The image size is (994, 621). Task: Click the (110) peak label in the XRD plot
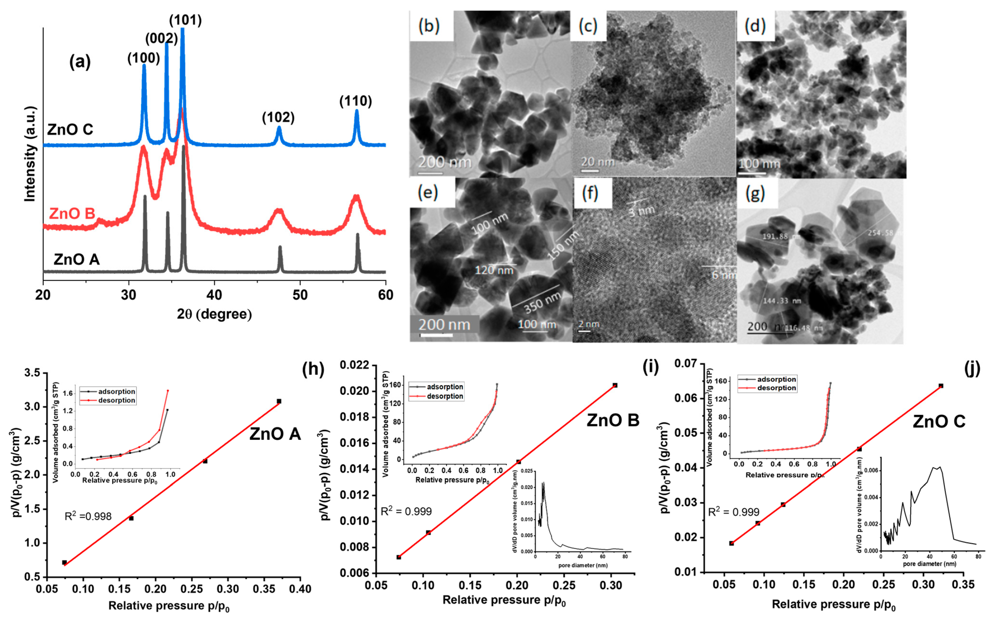(356, 101)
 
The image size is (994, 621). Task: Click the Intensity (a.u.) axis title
(30, 154)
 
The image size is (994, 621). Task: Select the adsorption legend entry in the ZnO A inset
(116, 391)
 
